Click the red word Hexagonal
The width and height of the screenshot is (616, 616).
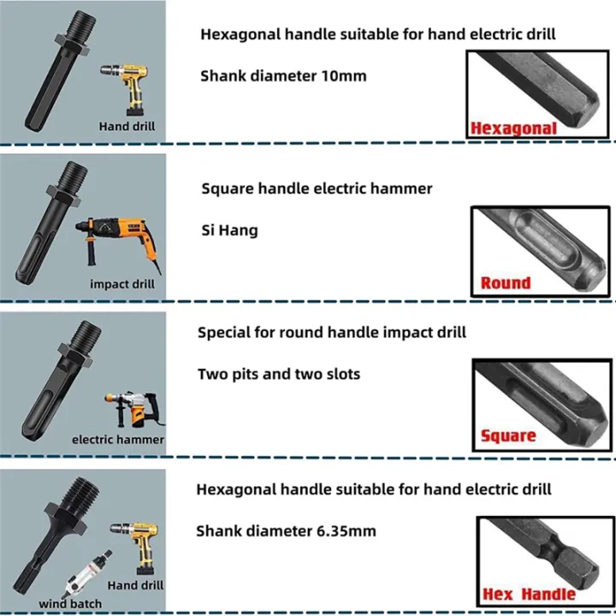tap(513, 128)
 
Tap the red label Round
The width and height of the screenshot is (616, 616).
tap(506, 282)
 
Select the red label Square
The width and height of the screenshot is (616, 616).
tap(508, 435)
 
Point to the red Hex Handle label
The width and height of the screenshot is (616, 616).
tap(529, 594)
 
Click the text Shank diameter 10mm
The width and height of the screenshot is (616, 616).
tap(283, 75)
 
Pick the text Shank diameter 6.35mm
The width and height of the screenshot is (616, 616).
tap(286, 530)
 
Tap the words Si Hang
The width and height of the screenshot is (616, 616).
tap(229, 230)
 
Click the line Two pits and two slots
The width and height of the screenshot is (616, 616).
tap(279, 373)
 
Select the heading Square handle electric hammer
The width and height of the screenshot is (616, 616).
tap(317, 188)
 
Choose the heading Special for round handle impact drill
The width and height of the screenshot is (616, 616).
tap(332, 332)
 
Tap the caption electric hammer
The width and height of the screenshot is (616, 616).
tap(118, 439)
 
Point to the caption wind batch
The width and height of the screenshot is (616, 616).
tap(70, 603)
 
